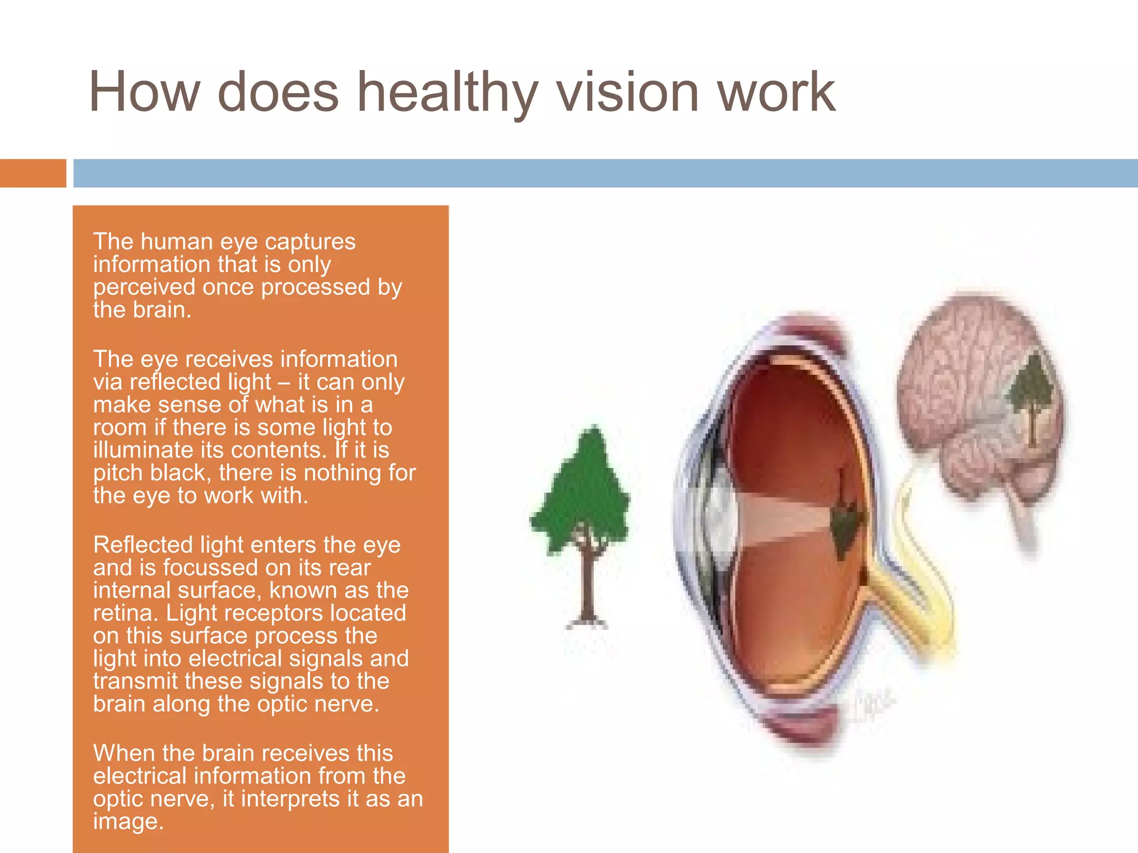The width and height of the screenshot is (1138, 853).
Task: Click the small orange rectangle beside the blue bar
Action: [33, 173]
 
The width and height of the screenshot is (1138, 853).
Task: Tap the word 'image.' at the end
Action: [128, 821]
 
